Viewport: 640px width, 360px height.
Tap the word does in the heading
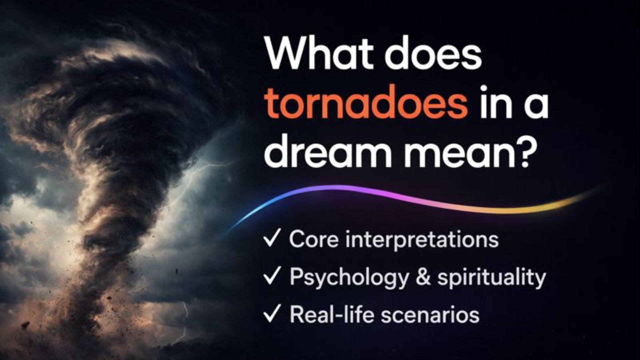pos(433,53)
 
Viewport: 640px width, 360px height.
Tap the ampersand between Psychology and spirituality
pos(423,277)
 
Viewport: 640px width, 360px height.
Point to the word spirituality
pos(492,278)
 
